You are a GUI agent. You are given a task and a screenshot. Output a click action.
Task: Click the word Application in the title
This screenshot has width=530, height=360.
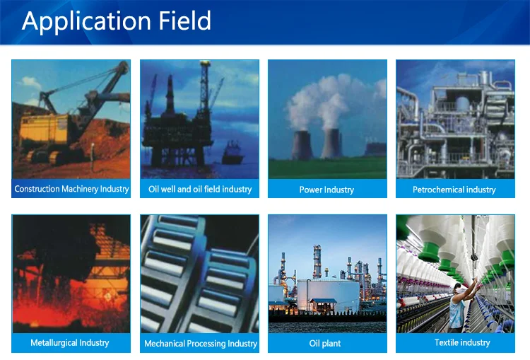coord(86,22)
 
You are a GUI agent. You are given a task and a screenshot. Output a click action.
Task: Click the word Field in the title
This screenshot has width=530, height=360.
coord(185,21)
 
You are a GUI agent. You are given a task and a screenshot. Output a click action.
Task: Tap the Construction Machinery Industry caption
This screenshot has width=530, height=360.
coord(71,189)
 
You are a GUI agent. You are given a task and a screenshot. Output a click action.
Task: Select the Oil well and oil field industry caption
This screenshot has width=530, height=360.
coord(200,189)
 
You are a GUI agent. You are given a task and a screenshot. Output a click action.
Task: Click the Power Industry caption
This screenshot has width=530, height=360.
coord(327,190)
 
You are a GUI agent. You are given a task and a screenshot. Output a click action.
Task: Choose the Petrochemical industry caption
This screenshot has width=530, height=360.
coord(454,190)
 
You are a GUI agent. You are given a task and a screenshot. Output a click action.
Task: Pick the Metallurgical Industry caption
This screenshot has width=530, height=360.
coord(70,343)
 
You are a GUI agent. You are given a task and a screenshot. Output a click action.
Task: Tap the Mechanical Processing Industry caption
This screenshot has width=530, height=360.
coord(201,344)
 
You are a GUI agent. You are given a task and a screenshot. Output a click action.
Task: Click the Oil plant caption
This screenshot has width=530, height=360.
coord(325,344)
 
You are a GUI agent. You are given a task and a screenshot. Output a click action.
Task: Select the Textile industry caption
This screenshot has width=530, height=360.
coord(462,343)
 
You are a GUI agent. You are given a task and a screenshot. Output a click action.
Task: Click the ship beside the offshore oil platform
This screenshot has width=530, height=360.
coord(232,153)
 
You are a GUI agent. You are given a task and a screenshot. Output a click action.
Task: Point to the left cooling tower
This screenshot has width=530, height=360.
coord(302,145)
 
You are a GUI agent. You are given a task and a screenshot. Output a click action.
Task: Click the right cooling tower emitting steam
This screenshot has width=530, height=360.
coord(331,144)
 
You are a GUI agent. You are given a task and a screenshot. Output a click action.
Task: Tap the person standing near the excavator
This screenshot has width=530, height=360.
coord(93,156)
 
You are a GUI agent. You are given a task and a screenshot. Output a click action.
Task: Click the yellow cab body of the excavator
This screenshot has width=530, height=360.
coord(44,129)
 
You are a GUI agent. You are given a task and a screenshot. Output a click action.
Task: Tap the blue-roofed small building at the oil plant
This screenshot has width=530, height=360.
coord(323,306)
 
